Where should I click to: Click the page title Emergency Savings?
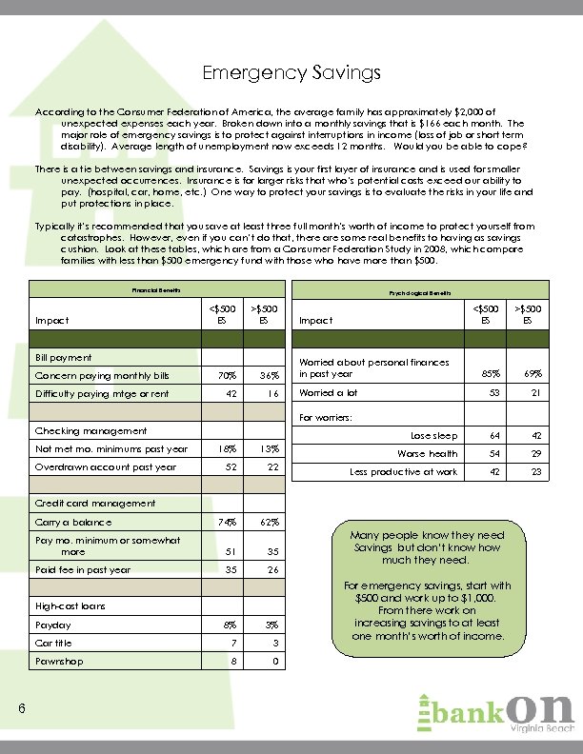coord(291,72)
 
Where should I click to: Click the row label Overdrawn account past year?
coord(105,467)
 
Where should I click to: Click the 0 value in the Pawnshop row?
coord(272,659)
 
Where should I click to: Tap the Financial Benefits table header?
coord(156,289)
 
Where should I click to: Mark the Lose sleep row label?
coord(433,436)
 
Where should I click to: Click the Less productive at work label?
coord(403,471)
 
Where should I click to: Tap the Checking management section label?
coord(90,431)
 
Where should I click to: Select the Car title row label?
coord(55,642)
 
